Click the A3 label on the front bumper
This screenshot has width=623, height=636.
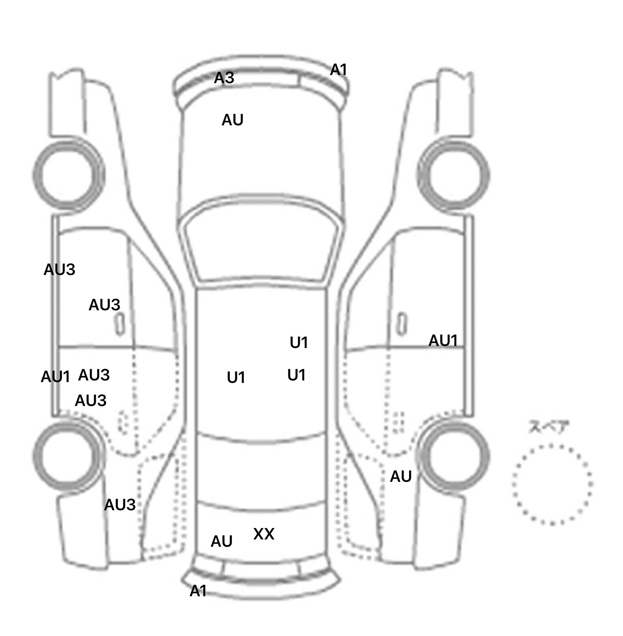click(224, 77)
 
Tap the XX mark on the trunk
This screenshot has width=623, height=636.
click(264, 534)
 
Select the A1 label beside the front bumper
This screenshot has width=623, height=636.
click(339, 70)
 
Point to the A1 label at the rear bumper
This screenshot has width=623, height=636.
click(198, 591)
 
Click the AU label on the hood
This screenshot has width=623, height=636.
click(232, 120)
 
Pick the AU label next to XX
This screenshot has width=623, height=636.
click(221, 541)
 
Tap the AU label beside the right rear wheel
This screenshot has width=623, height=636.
click(401, 477)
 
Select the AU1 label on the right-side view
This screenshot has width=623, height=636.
click(443, 341)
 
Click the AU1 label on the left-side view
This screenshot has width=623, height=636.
click(56, 377)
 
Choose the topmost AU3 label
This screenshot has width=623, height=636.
click(60, 270)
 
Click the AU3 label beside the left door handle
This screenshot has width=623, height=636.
click(104, 305)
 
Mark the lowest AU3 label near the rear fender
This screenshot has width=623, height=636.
click(120, 505)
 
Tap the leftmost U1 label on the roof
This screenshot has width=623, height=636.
click(236, 378)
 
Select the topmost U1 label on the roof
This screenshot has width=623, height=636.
click(299, 343)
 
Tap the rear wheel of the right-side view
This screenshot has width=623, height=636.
click(453, 454)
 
